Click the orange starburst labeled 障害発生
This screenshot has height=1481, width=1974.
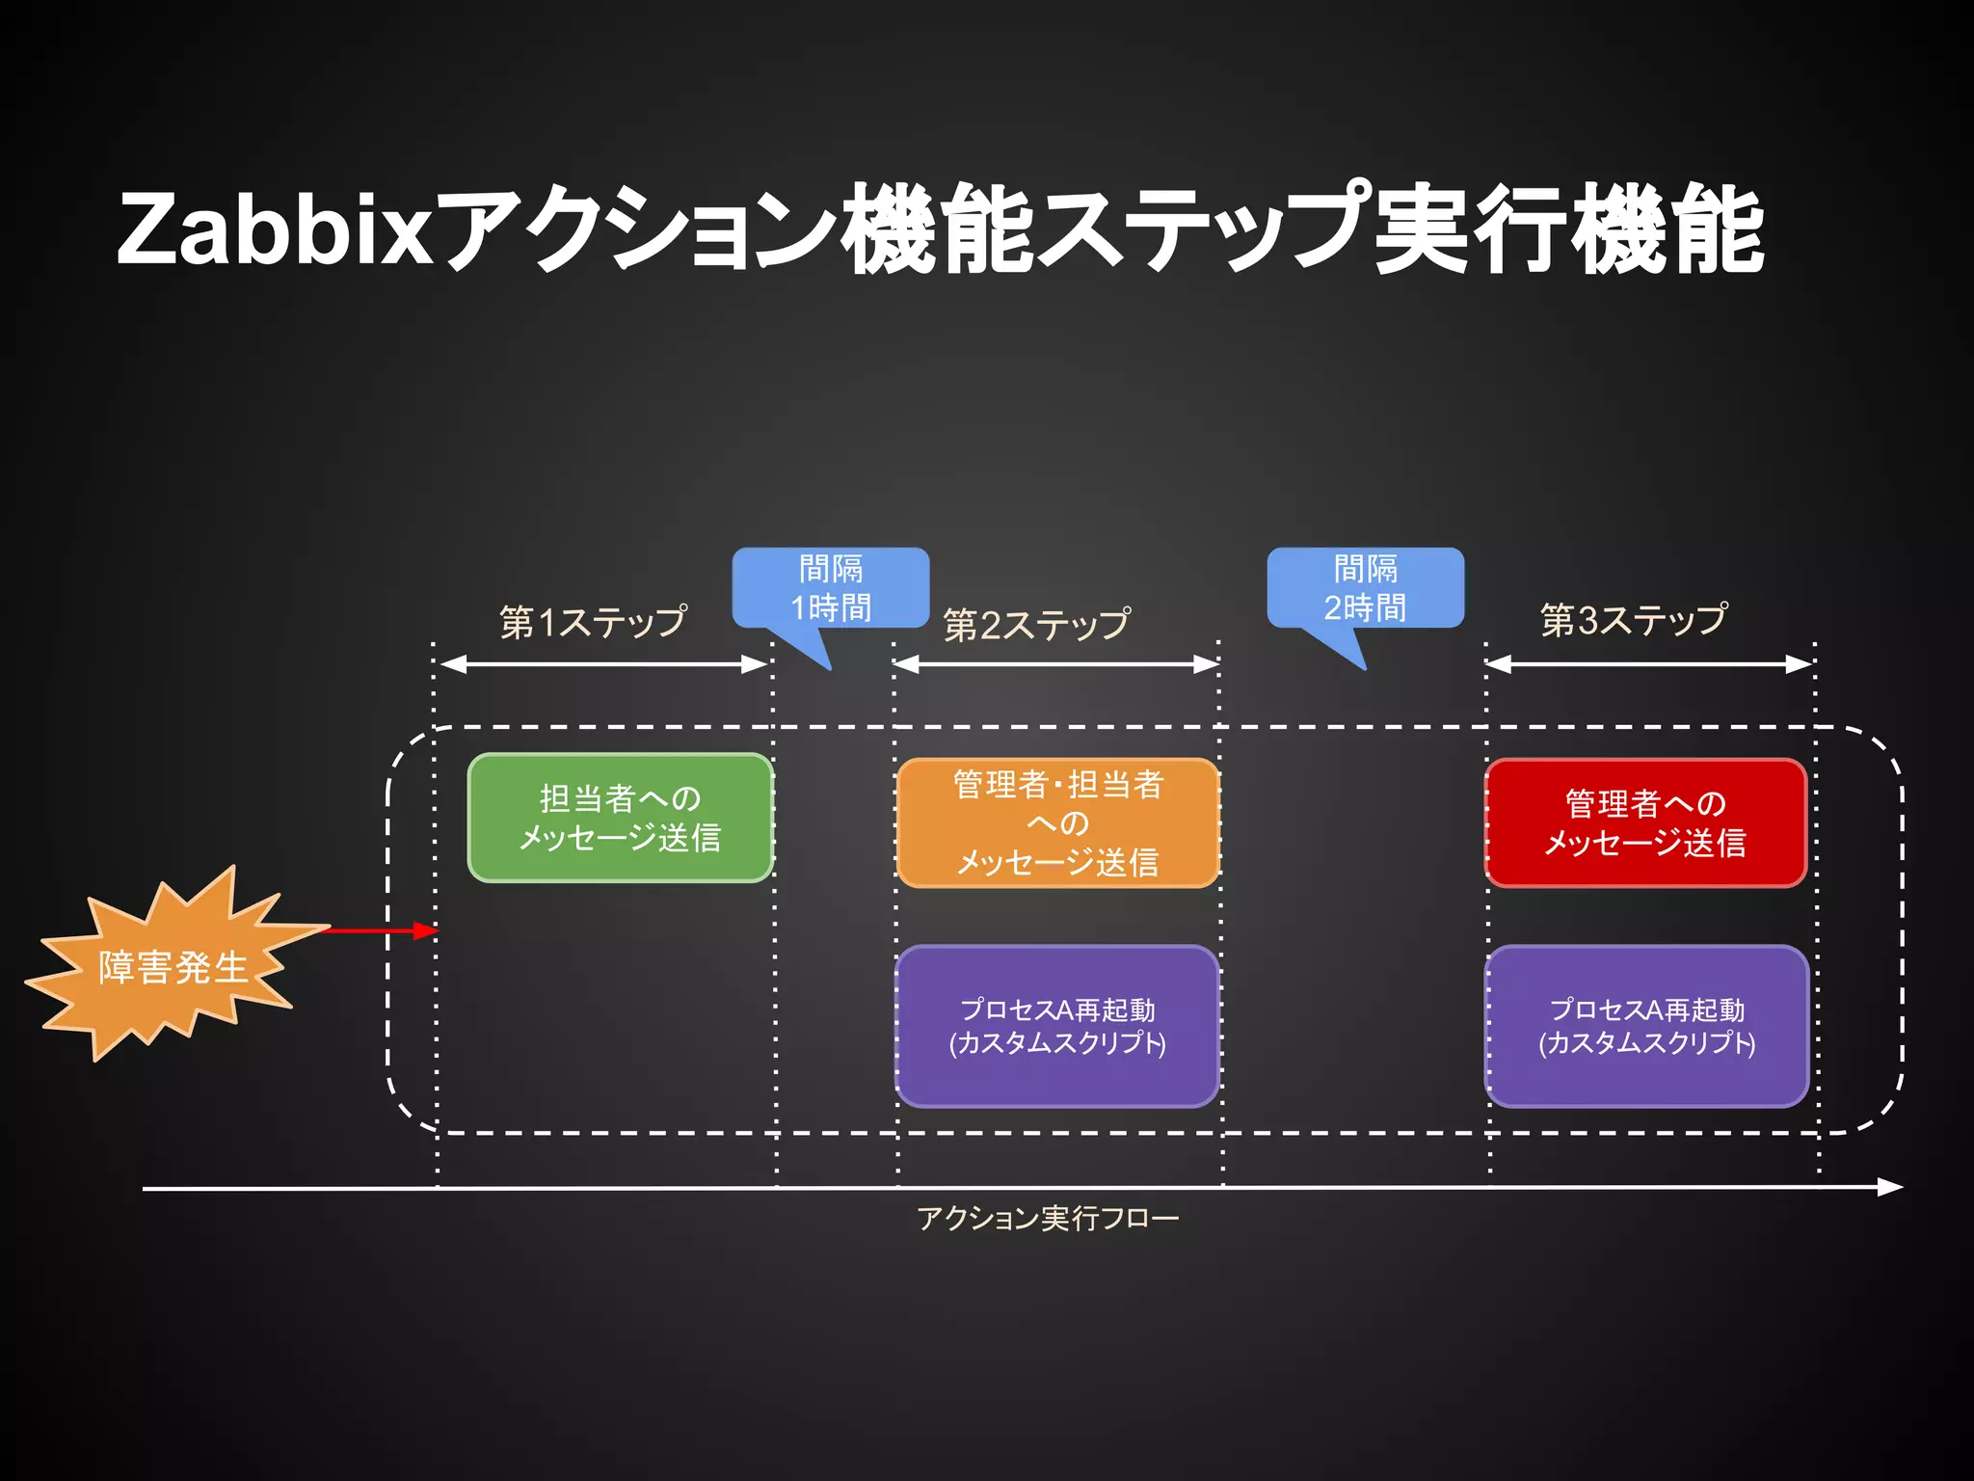(172, 966)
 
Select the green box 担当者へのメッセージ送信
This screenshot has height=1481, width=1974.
(620, 818)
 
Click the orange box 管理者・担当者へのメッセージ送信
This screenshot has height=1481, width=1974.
(1057, 822)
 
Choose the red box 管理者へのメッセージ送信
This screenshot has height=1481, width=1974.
(1644, 822)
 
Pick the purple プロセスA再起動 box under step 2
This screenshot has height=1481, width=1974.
(1057, 1026)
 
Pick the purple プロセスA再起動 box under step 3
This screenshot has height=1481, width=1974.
(1646, 1026)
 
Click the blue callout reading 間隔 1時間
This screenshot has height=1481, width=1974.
(830, 587)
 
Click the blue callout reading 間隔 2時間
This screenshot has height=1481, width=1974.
(1365, 587)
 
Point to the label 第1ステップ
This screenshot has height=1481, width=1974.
(593, 622)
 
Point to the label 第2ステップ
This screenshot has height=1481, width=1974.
(1036, 625)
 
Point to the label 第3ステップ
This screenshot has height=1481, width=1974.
(1633, 620)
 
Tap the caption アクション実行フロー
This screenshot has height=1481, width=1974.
(1048, 1219)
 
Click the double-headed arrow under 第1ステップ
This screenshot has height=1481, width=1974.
(602, 664)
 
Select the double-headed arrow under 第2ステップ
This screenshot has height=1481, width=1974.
(1056, 664)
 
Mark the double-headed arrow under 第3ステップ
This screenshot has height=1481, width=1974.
(1648, 664)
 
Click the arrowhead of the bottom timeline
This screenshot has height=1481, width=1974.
(1891, 1187)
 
